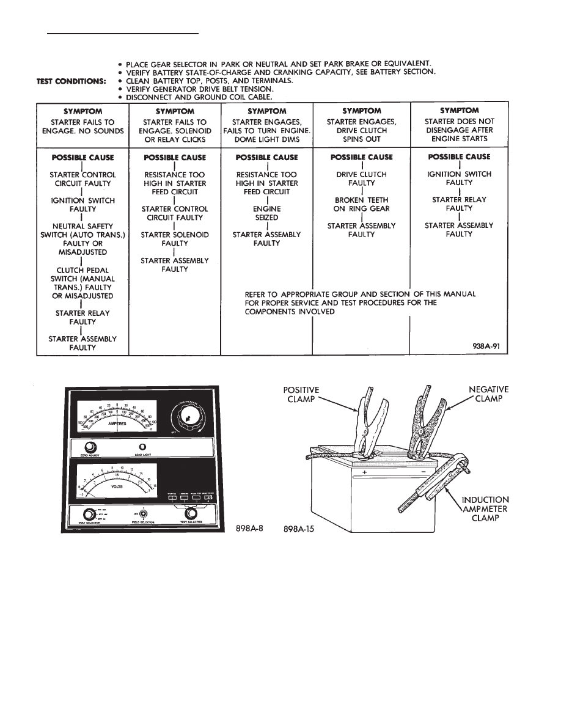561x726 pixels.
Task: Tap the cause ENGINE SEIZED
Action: (266, 213)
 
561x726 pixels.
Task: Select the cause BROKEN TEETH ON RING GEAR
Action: (361, 204)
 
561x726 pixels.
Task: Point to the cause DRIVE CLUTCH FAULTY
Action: (361, 178)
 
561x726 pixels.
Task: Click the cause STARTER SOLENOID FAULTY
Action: (175, 239)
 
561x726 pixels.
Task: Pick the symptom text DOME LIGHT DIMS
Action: (266, 139)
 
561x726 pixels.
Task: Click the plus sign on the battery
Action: (365, 471)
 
